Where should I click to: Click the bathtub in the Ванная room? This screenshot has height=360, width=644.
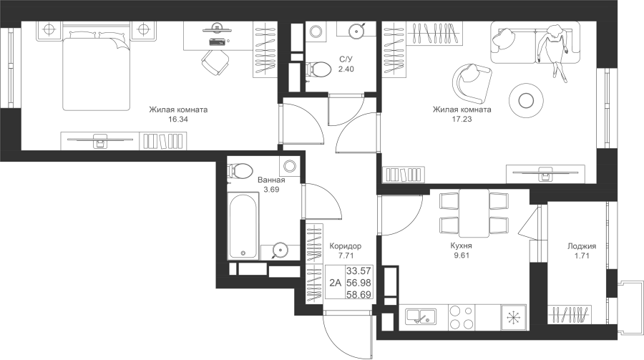243,225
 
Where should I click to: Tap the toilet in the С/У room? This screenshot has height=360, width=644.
318,69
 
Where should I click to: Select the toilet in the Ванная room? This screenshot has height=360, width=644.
240,170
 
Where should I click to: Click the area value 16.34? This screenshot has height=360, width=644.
178,120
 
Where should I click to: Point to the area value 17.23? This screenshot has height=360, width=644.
462,120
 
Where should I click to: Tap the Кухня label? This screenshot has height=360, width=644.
461,245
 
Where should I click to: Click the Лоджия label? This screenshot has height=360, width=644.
582,246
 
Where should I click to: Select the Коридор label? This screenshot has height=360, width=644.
346,246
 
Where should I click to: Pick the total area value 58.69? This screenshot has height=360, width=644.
358,294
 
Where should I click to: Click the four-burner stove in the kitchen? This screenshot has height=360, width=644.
462,317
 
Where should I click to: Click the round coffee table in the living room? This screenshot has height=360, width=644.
527,100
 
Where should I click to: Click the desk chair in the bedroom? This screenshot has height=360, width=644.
215,62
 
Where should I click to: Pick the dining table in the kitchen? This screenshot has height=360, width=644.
474,213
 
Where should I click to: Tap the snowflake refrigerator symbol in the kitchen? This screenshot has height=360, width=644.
513,317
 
